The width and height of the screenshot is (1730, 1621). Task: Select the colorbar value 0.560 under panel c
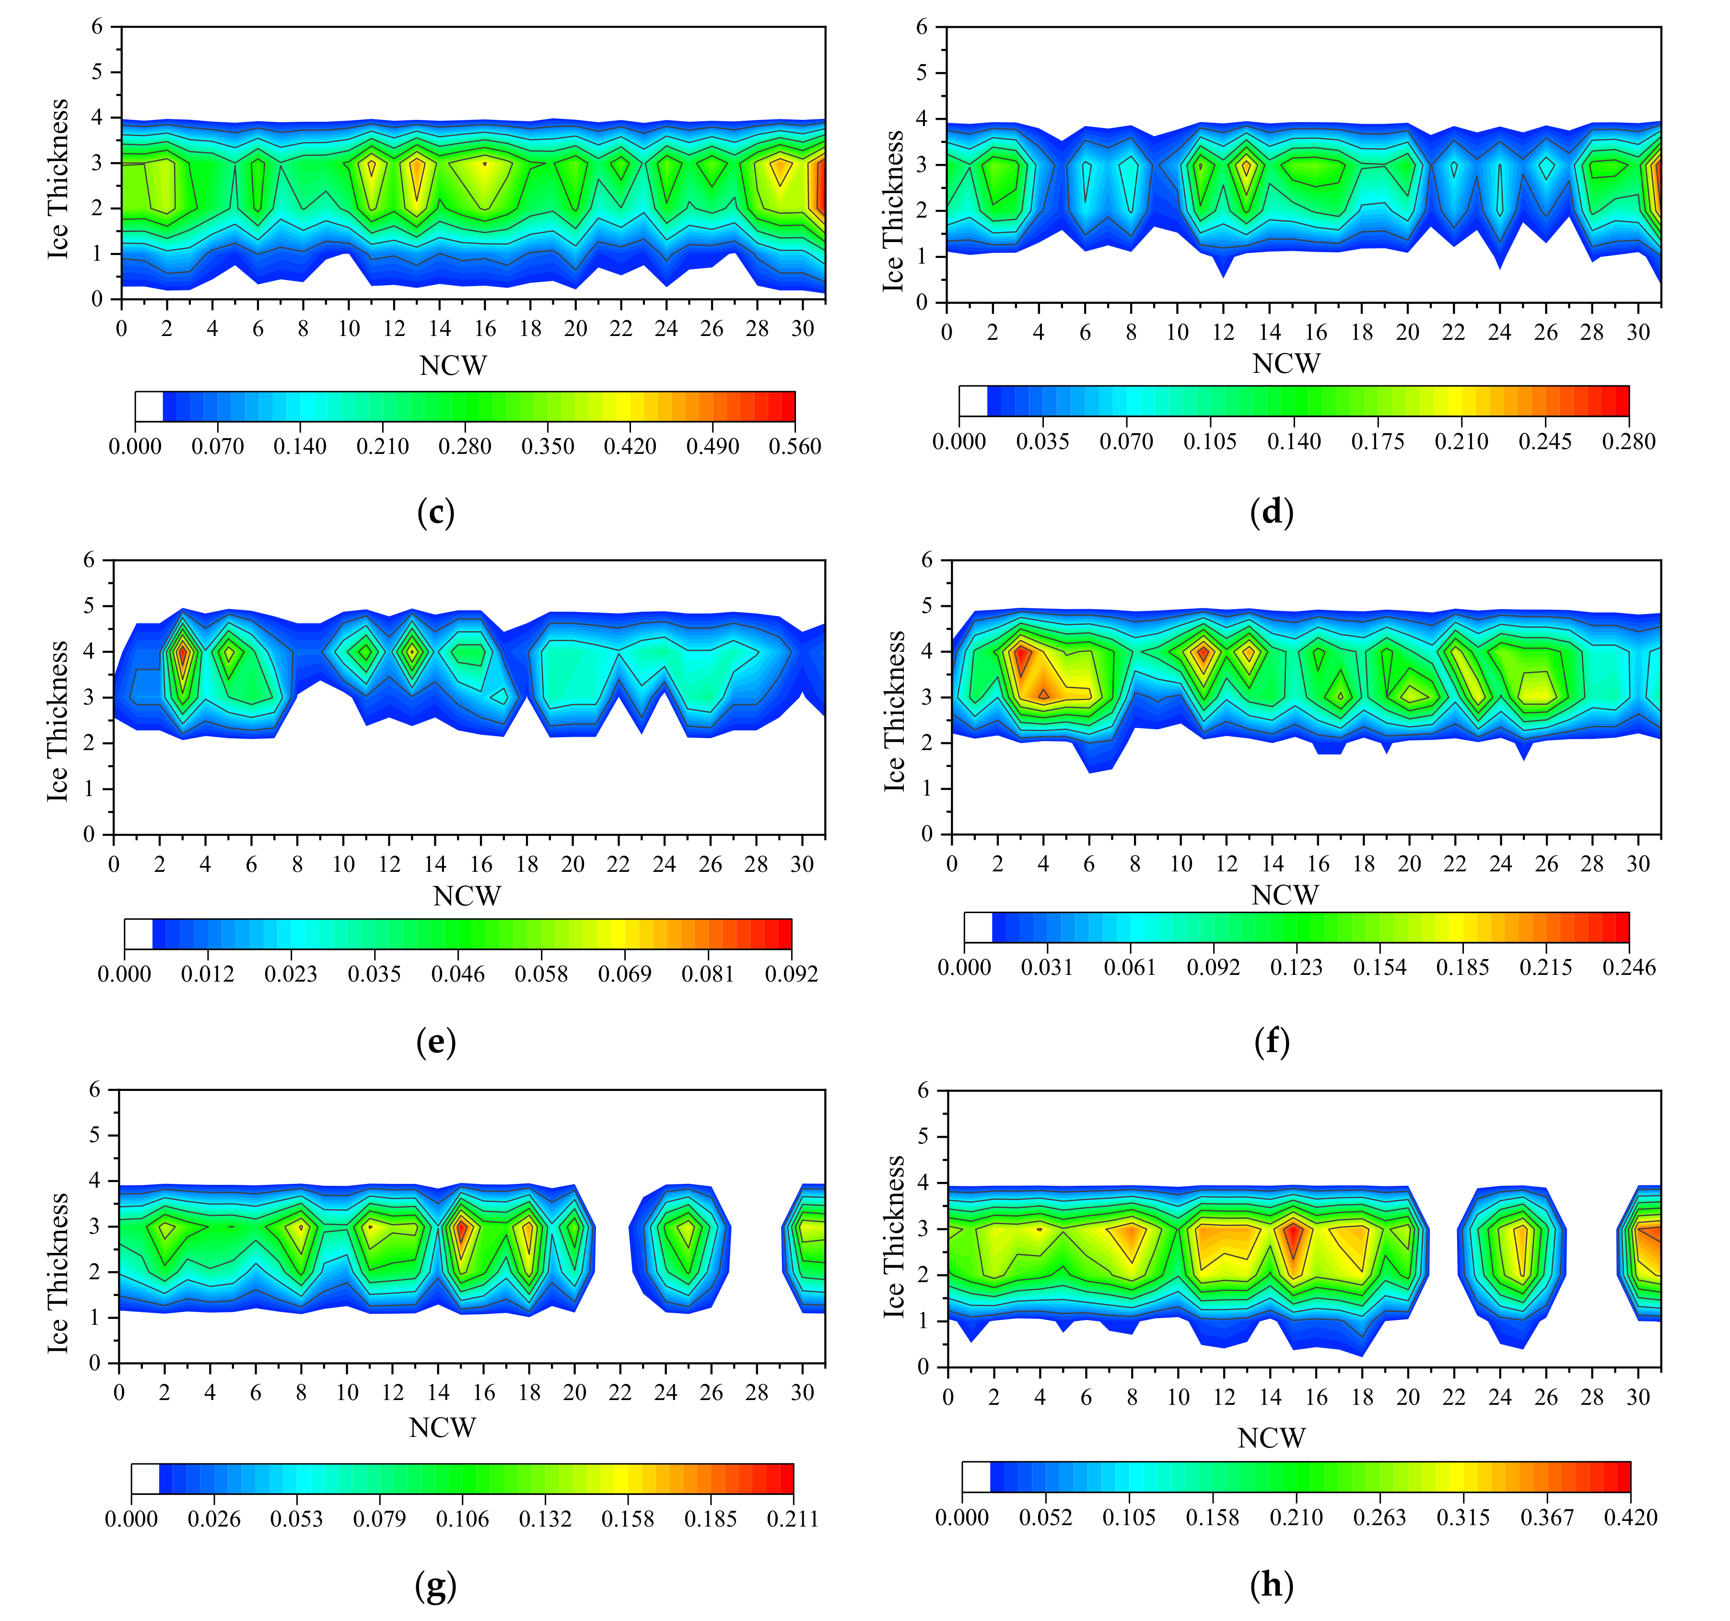click(795, 446)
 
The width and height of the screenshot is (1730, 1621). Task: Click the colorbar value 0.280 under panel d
click(1628, 441)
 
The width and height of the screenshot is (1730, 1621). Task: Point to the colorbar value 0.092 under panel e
click(791, 973)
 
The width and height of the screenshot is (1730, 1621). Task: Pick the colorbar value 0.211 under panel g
click(793, 1518)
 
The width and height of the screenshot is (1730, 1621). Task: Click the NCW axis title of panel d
click(1286, 364)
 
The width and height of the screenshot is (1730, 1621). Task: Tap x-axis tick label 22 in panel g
click(620, 1393)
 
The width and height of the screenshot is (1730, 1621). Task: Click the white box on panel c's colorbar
click(149, 406)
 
